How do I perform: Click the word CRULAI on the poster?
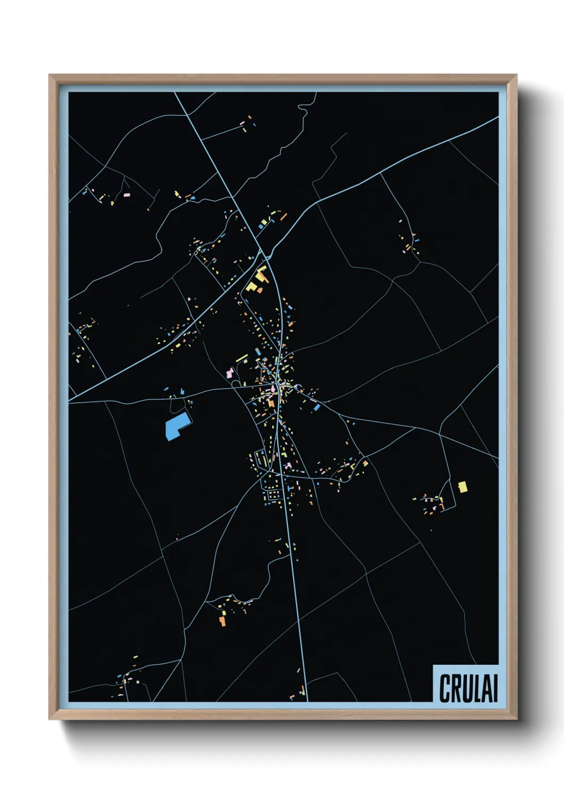tap(468, 688)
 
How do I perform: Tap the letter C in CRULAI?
tap(445, 688)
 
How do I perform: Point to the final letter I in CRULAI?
tap(495, 688)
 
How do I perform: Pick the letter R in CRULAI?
tap(455, 688)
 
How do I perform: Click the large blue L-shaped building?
tap(176, 426)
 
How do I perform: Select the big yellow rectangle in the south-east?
tap(463, 486)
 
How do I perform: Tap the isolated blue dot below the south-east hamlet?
tap(431, 530)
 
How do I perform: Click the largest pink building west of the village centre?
tap(230, 373)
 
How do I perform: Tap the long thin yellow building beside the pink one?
tap(241, 358)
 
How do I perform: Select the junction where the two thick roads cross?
tap(265, 255)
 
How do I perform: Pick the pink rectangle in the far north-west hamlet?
tap(127, 195)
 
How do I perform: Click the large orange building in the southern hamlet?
tap(222, 620)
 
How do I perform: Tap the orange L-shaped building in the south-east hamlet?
tap(366, 463)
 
